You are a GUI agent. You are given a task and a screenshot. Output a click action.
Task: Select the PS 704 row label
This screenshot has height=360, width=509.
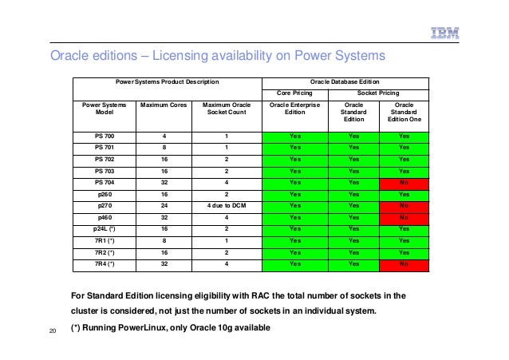[105, 181]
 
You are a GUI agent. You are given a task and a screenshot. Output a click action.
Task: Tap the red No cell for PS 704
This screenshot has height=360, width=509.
[404, 181]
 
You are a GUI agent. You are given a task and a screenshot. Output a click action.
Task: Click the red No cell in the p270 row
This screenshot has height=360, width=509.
[404, 204]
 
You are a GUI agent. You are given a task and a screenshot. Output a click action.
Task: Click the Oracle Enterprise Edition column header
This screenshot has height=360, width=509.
[295, 108]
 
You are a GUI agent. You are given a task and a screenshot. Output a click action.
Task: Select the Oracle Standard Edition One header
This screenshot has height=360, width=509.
[404, 112]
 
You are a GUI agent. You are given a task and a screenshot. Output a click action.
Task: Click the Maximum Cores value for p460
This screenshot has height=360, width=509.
[164, 216]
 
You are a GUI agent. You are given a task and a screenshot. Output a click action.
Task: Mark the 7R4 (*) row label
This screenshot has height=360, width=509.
[105, 262]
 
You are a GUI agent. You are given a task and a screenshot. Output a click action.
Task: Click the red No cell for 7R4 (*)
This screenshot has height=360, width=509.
[404, 262]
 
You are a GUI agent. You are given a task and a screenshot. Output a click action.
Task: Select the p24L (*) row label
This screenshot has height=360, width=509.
[105, 227]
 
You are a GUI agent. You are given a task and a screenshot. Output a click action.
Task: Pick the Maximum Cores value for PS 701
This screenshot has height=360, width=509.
[164, 147]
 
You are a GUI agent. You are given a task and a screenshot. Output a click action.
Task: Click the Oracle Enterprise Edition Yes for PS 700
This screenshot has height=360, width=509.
[295, 136]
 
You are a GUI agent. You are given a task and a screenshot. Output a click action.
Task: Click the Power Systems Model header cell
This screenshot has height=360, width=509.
[105, 108]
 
